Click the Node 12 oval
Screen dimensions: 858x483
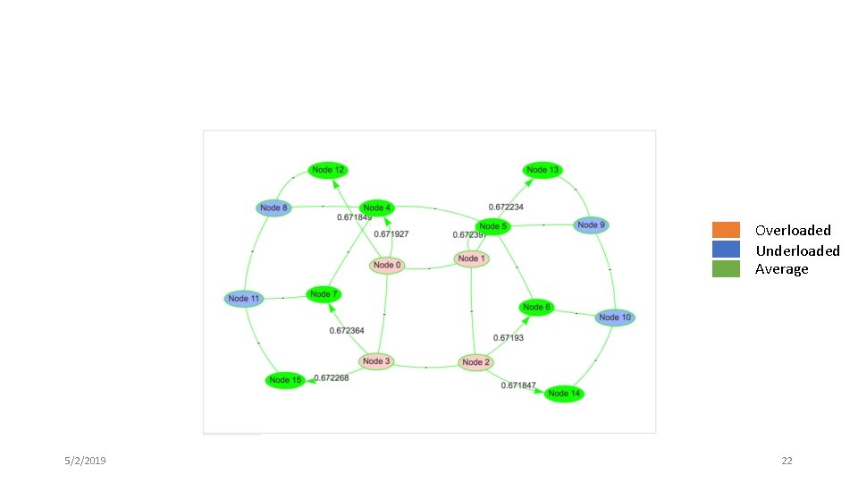(328, 170)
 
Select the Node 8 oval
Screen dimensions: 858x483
(274, 208)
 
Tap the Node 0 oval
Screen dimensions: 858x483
(387, 265)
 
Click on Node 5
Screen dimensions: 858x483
(492, 226)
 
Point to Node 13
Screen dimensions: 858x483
(543, 170)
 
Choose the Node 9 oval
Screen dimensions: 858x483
(591, 225)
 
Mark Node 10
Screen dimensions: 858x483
(615, 318)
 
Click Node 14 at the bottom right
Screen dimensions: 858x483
(564, 394)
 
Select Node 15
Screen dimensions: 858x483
(285, 380)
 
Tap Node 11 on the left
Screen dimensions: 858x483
(244, 299)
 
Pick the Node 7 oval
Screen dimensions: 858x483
(324, 294)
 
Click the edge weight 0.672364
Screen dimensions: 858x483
(347, 331)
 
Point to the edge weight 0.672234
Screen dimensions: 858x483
(506, 208)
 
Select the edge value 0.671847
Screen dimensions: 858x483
(518, 386)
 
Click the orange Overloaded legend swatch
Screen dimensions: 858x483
(726, 230)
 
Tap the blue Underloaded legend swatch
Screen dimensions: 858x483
(726, 250)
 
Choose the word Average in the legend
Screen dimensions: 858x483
(781, 269)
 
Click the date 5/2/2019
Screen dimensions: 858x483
(85, 461)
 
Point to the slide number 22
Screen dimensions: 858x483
(786, 461)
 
